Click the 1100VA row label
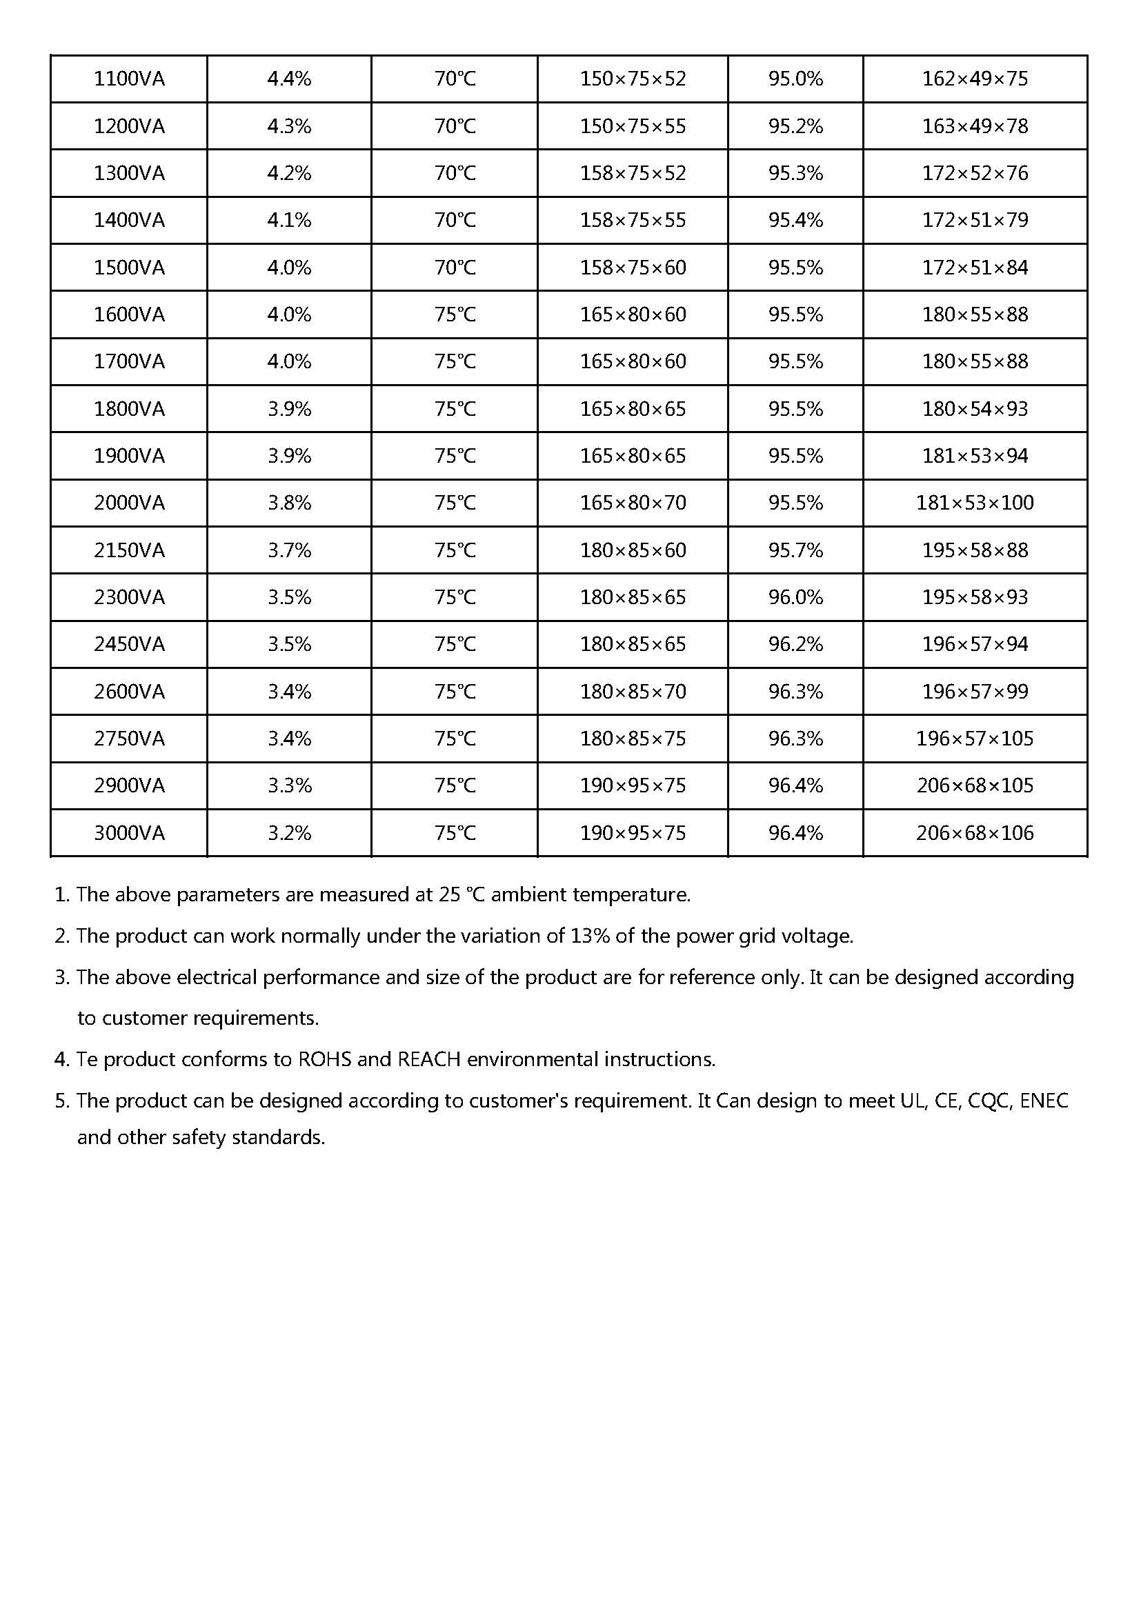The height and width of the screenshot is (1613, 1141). (x=129, y=79)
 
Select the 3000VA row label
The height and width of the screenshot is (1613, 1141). (x=129, y=833)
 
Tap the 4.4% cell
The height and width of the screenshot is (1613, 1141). (x=289, y=79)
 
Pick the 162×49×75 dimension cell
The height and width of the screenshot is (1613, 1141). (x=975, y=79)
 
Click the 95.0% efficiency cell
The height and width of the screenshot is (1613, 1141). (x=795, y=79)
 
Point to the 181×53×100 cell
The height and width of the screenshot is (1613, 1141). (x=975, y=503)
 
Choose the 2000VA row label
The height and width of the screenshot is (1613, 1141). (x=129, y=503)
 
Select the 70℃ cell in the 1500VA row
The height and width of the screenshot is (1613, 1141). (x=455, y=268)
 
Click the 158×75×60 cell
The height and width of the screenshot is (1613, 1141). (x=633, y=268)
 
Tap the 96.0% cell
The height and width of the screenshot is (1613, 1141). (x=795, y=597)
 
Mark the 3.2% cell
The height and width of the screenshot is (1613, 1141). (x=289, y=833)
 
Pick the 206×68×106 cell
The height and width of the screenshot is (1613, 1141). (x=975, y=833)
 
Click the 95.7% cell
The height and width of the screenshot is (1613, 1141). (x=795, y=550)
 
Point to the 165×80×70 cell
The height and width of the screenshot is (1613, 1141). (x=633, y=503)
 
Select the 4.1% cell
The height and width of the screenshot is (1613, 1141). (x=289, y=221)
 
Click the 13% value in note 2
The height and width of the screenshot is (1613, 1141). (x=591, y=936)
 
